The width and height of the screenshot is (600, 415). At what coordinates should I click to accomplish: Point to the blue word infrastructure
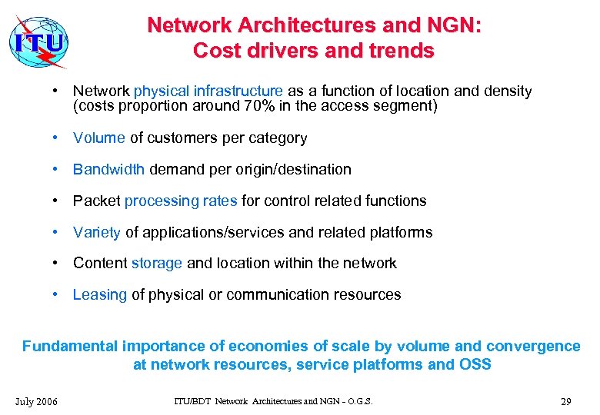click(238, 91)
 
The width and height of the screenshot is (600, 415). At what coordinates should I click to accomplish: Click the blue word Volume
click(99, 138)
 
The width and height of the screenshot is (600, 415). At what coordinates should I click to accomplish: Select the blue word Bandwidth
click(109, 169)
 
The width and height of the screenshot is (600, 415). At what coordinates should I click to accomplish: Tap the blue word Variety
click(97, 232)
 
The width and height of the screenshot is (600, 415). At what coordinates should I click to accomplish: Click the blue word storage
click(157, 263)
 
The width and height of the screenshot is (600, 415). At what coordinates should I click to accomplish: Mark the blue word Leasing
click(100, 294)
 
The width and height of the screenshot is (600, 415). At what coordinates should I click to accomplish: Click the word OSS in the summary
click(475, 364)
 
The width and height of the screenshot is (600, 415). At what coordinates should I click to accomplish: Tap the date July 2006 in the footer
click(35, 401)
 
